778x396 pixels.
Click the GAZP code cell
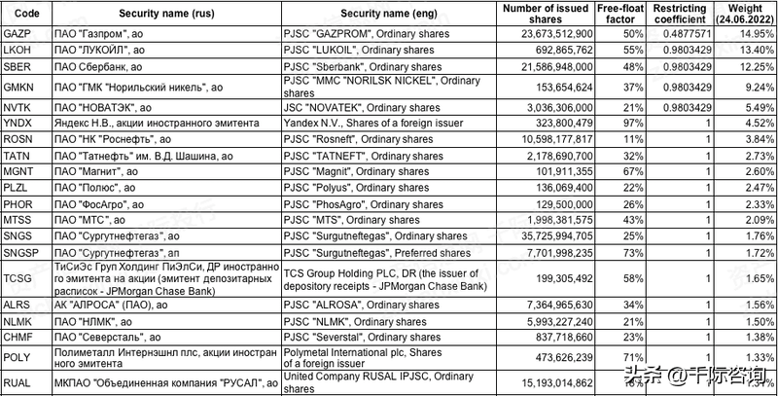coord(19,34)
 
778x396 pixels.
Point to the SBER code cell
coord(19,65)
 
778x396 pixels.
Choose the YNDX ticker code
coord(19,124)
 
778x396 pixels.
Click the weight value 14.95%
coord(751,34)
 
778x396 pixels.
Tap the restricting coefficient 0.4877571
coord(689,34)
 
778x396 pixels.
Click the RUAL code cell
coord(19,383)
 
